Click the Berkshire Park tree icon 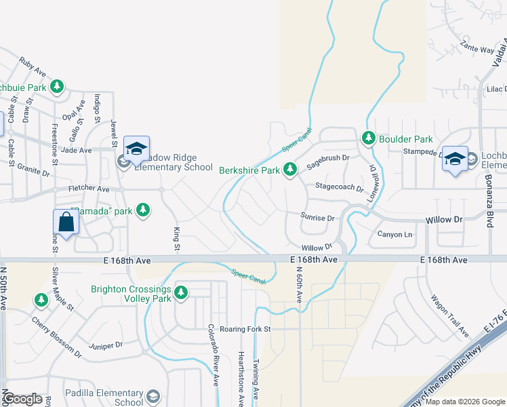(x=291, y=169)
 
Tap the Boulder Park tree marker (x=369, y=138)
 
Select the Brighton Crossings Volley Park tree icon (x=181, y=293)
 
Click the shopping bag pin (x=66, y=222)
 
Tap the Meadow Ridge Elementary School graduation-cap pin (x=136, y=149)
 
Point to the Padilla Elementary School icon (x=154, y=396)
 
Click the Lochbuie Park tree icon (x=58, y=87)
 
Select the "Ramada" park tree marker (x=142, y=210)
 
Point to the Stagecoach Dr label (x=339, y=186)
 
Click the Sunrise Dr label (x=318, y=218)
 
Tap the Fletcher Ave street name (x=88, y=189)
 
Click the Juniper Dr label (x=110, y=345)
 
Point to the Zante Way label (x=477, y=49)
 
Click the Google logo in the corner (x=23, y=399)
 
